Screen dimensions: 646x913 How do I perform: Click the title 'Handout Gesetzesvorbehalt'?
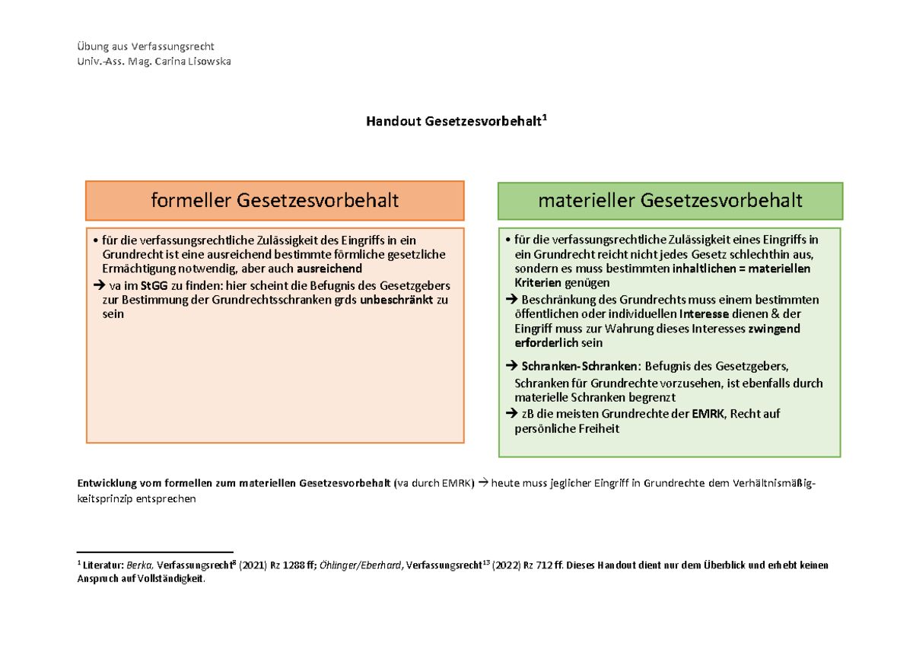point(455,121)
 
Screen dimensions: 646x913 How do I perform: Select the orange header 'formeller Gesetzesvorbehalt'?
point(275,201)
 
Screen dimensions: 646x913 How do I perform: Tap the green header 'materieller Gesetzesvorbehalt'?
point(670,201)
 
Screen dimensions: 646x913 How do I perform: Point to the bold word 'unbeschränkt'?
point(396,300)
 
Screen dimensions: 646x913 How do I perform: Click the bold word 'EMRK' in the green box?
point(709,414)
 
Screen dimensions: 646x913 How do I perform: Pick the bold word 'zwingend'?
point(774,329)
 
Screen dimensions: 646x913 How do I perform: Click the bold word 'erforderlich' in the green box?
point(546,343)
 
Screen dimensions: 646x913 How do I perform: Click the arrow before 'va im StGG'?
point(97,285)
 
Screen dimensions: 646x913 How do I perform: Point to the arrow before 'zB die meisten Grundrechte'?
point(511,414)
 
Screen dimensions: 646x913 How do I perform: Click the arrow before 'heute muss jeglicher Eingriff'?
point(483,483)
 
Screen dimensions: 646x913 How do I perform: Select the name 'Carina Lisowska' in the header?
point(192,61)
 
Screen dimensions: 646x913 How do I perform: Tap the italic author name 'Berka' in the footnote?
point(139,565)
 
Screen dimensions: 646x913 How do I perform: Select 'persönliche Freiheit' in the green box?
point(567,428)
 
